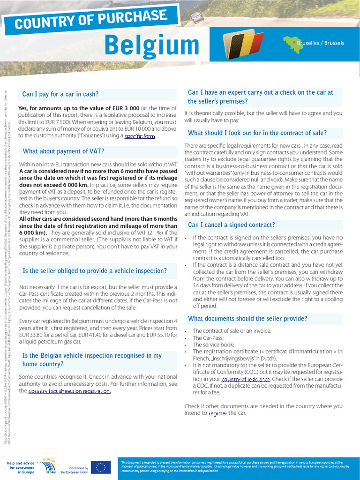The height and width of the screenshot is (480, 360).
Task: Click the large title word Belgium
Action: (x=152, y=45)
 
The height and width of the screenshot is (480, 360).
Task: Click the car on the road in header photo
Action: (x=197, y=17)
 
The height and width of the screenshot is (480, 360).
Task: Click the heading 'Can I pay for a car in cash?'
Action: (x=60, y=94)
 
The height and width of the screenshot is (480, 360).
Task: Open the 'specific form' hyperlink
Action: (x=139, y=136)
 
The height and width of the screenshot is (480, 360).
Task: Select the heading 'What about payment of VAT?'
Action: (x=63, y=151)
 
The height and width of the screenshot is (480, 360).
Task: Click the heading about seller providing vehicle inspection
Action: (x=95, y=271)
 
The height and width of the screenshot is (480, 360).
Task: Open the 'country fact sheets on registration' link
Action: (x=69, y=391)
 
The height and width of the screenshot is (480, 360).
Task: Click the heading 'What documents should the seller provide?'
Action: (x=247, y=319)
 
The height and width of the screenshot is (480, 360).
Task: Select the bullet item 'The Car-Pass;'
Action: (x=208, y=337)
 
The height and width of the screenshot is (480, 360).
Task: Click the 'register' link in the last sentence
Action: (x=218, y=413)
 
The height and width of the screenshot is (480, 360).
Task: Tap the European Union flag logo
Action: (x=100, y=467)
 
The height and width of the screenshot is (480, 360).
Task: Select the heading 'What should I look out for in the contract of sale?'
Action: (x=257, y=133)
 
